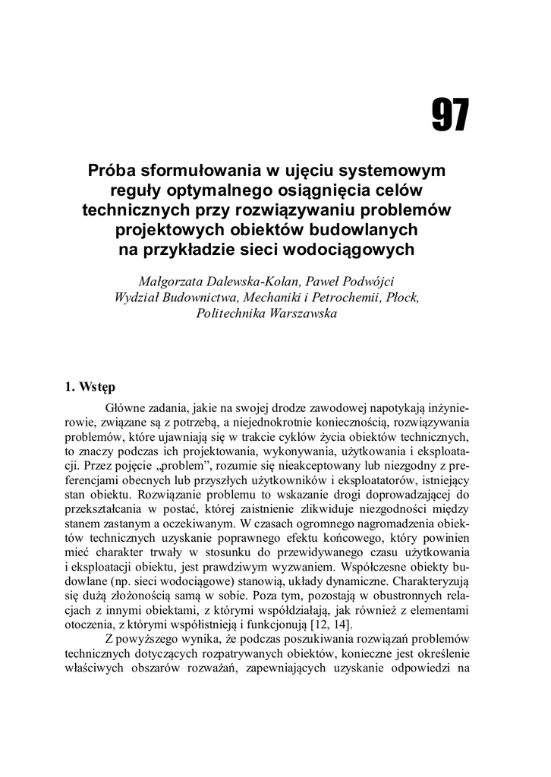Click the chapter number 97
[450, 116]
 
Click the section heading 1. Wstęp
[90, 386]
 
